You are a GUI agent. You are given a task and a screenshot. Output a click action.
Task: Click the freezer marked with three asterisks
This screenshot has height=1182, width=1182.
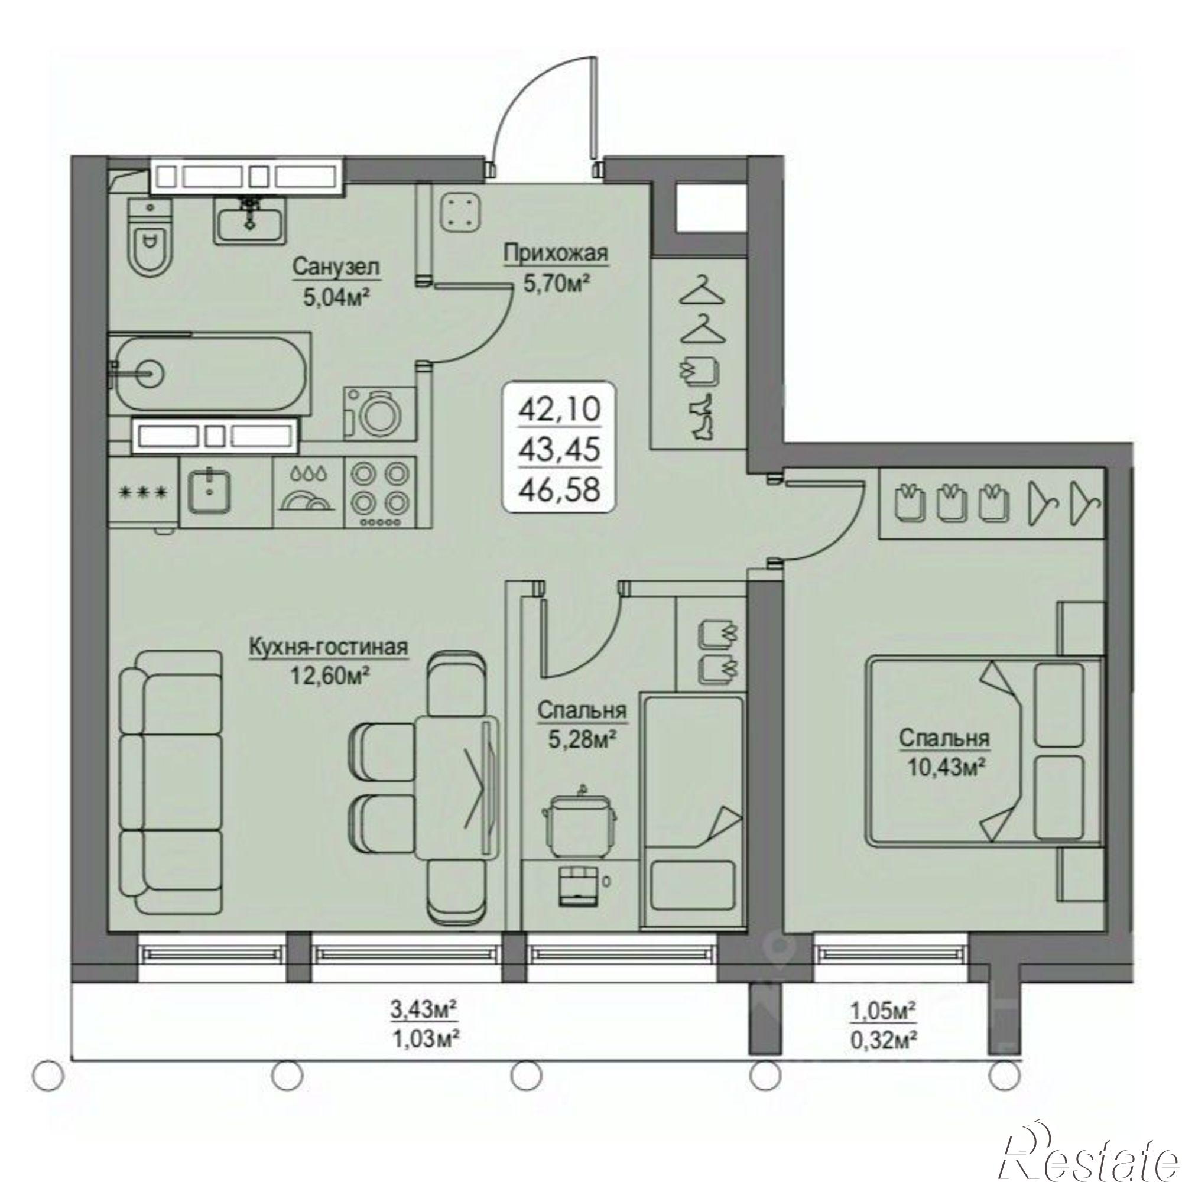(144, 492)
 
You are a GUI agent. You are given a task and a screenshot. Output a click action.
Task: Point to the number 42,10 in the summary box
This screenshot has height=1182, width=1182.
(558, 408)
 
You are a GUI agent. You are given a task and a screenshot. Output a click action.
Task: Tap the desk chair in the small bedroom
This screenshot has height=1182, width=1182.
(579, 817)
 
